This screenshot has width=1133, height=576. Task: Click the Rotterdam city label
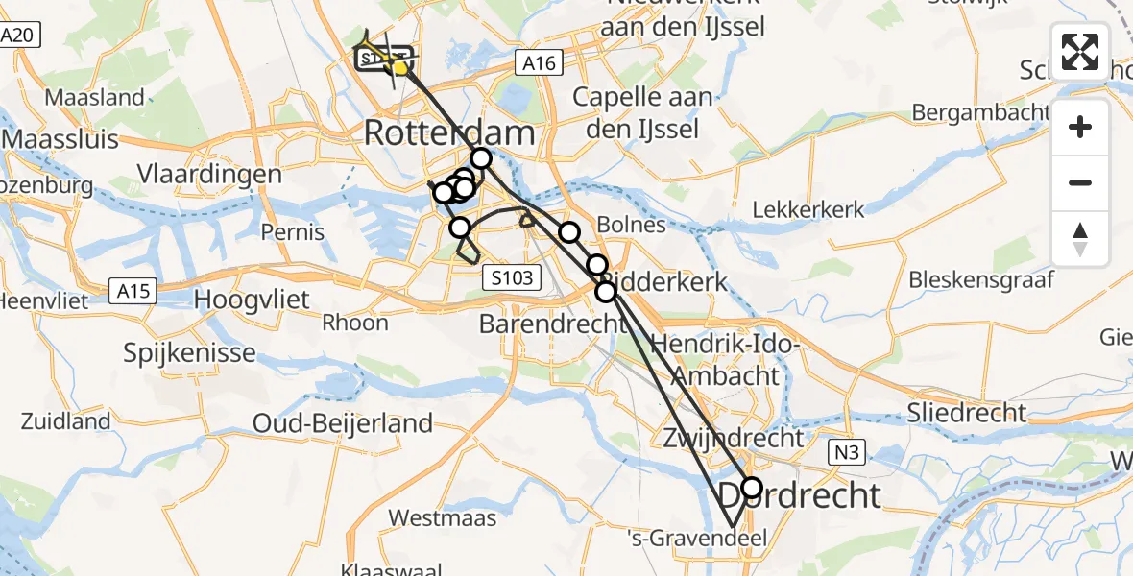[448, 132]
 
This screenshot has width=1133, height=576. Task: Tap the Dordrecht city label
[800, 495]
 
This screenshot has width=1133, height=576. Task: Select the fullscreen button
[1080, 51]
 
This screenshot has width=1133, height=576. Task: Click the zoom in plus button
[1080, 127]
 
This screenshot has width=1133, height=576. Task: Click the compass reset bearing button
[1080, 239]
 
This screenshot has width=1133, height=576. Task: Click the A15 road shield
[133, 290]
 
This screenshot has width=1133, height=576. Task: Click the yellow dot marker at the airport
[400, 67]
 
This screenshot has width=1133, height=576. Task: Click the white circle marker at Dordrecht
[752, 488]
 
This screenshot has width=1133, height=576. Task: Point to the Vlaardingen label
[209, 175]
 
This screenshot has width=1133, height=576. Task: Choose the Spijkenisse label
[190, 352]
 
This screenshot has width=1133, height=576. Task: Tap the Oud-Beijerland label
[342, 422]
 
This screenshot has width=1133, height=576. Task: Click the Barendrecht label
[553, 324]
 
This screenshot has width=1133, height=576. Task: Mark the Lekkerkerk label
[808, 209]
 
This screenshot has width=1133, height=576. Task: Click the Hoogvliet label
[252, 300]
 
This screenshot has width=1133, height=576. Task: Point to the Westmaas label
[443, 518]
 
